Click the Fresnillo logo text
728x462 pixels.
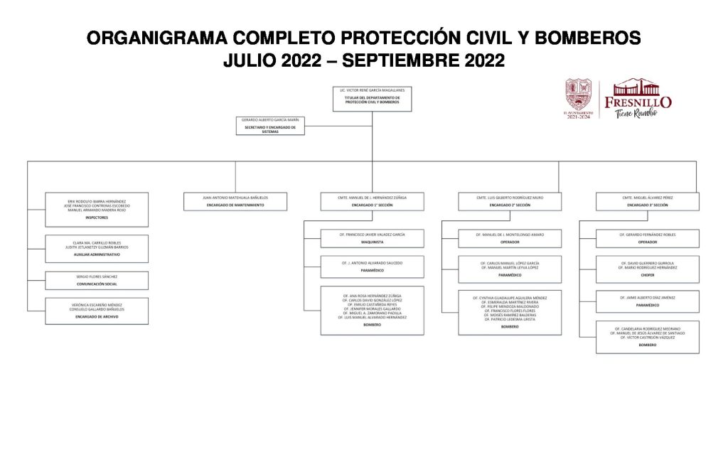[x=637, y=102]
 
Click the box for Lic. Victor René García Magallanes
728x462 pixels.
[x=372, y=99]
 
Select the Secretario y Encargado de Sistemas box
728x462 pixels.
[x=270, y=125]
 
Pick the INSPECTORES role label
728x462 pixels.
[x=97, y=217]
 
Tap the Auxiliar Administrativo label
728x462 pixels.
[x=97, y=254]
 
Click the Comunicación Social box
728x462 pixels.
[x=97, y=280]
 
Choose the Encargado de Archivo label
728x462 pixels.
[x=97, y=316]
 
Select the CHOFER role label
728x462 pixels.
[x=647, y=275]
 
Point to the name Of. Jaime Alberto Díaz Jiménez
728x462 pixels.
[x=647, y=298]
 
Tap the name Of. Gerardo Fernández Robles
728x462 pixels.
[x=647, y=234]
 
